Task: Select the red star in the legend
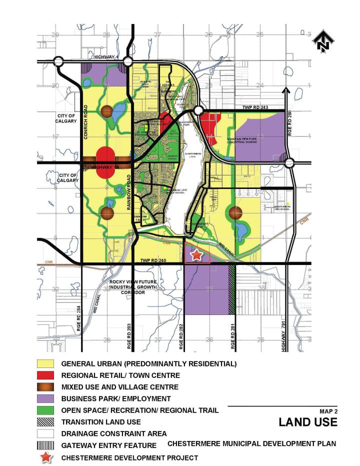coord(45,457)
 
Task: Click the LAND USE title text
coord(307,422)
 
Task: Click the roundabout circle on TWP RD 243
coord(198,110)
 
